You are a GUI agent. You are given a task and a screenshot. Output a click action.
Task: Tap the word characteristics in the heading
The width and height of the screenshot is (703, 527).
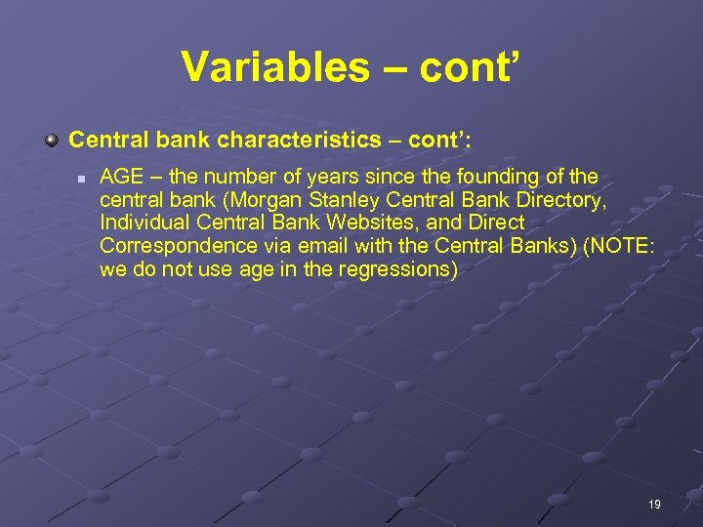pos(298,140)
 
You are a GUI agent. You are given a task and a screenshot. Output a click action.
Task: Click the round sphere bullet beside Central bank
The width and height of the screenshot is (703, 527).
pos(52,140)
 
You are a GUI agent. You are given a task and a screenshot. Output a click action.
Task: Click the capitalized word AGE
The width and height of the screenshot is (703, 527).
pos(120,178)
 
